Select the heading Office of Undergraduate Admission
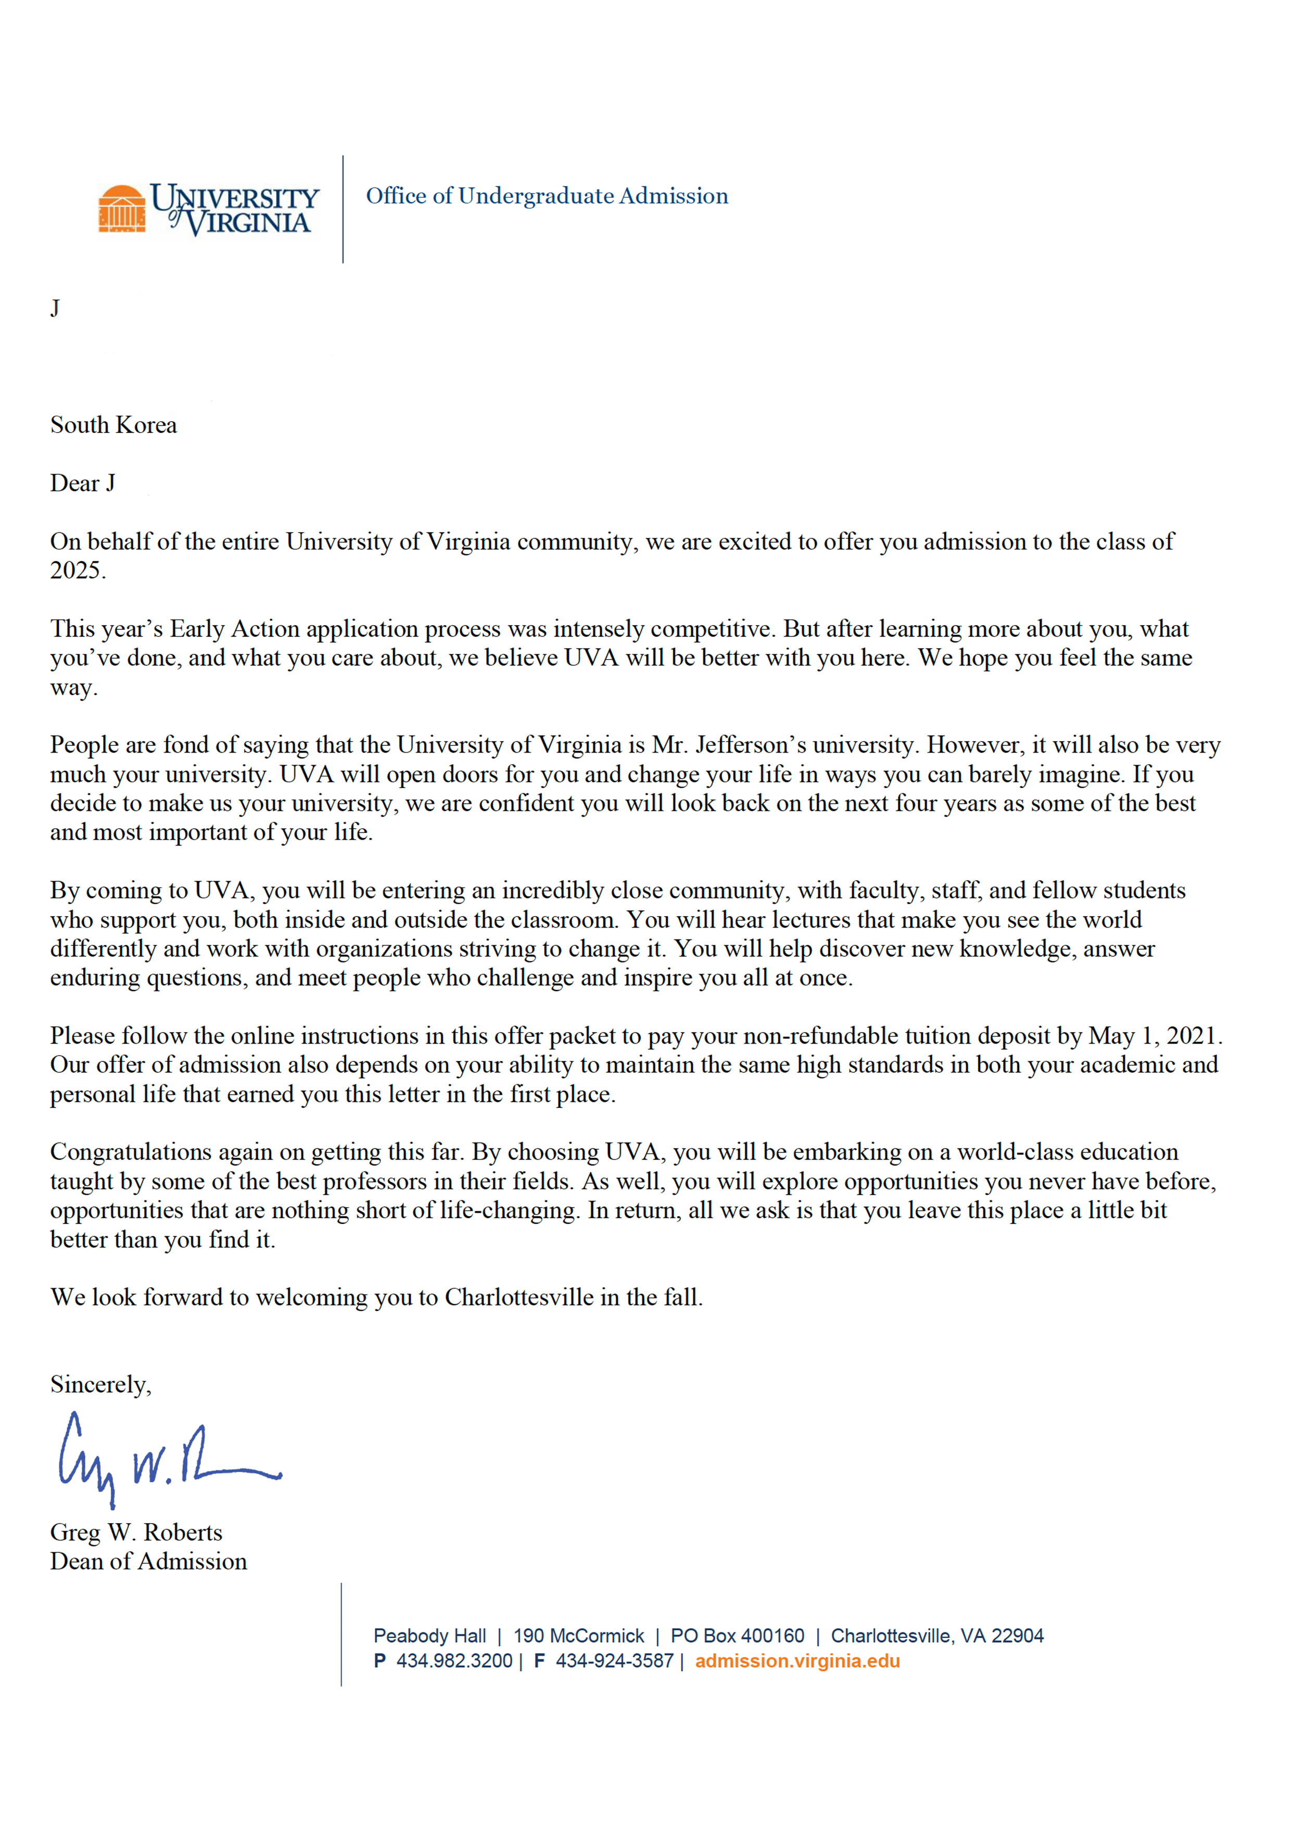[x=547, y=196]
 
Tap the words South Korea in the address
[x=114, y=425]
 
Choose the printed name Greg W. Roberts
[x=136, y=1532]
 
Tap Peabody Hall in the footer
[x=429, y=1636]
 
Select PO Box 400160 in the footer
[x=737, y=1636]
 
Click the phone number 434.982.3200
[x=454, y=1662]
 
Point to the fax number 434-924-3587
[x=614, y=1662]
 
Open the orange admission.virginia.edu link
[x=797, y=1662]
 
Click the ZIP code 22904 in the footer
[x=1017, y=1636]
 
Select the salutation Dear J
[x=83, y=484]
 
